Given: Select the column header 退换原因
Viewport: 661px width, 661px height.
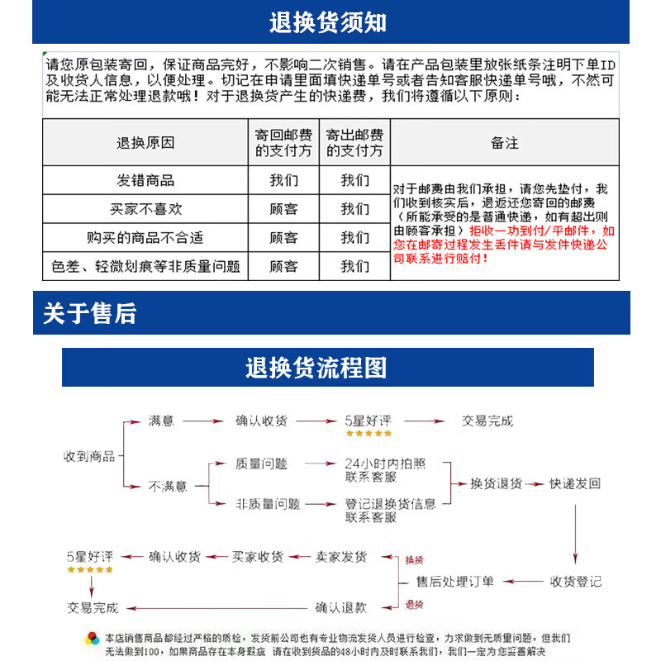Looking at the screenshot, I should (145, 143).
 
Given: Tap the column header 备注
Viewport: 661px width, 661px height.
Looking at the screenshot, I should (504, 143).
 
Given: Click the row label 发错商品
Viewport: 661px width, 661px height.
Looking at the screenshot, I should (145, 180).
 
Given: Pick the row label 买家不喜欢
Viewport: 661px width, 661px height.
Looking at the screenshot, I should (145, 209).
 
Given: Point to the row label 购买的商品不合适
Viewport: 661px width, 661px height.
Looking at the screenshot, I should (145, 238).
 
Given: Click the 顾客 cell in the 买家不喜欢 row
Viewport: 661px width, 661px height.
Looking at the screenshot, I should (283, 209).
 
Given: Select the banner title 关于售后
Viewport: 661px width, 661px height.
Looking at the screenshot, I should (89, 314).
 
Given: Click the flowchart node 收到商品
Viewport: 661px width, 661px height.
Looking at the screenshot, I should (89, 456).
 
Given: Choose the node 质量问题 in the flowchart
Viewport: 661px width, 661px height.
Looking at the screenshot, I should (261, 464).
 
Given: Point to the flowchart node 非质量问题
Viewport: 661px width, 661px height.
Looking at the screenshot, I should (267, 504).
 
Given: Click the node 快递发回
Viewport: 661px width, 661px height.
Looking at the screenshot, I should (575, 484).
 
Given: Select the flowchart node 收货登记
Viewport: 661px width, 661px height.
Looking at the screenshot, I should (576, 582).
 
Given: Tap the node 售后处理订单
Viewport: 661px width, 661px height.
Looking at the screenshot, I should (455, 582).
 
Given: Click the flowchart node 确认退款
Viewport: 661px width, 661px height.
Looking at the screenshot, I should (341, 607).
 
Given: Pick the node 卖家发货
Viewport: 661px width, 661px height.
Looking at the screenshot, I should (341, 557).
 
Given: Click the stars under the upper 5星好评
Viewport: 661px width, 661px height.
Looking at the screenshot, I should (369, 433).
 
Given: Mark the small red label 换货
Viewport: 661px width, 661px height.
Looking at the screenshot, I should (414, 560).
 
